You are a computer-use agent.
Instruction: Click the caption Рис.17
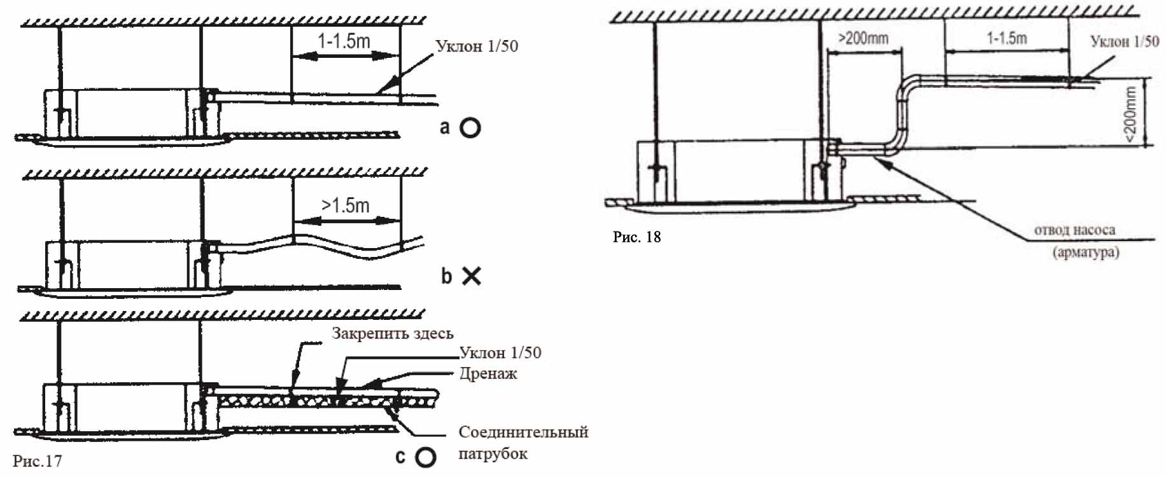point(38,461)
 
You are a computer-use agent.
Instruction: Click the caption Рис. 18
point(636,237)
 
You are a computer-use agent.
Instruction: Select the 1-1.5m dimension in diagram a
point(344,42)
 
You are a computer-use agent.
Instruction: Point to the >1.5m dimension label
point(345,205)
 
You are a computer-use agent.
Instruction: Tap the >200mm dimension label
point(863,38)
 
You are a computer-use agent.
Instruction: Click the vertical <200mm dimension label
point(1130,114)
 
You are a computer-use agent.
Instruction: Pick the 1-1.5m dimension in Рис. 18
point(1007,38)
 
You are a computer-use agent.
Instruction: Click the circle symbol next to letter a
point(470,128)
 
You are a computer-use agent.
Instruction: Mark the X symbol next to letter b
point(471,276)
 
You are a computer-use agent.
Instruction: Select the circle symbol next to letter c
point(425,457)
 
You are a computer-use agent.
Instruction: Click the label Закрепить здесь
point(392,334)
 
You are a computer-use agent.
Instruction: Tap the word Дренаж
point(488,374)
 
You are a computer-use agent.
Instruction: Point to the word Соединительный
point(523,432)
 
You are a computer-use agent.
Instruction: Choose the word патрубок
point(493,454)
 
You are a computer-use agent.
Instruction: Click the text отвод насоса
point(1074,230)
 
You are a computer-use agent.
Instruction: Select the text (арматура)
point(1085,252)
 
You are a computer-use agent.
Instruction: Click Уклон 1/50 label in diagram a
point(477,46)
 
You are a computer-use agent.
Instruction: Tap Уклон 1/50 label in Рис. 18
point(1125,42)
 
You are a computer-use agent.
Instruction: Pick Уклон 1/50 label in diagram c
point(500,353)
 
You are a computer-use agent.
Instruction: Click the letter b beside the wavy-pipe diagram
point(447,276)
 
